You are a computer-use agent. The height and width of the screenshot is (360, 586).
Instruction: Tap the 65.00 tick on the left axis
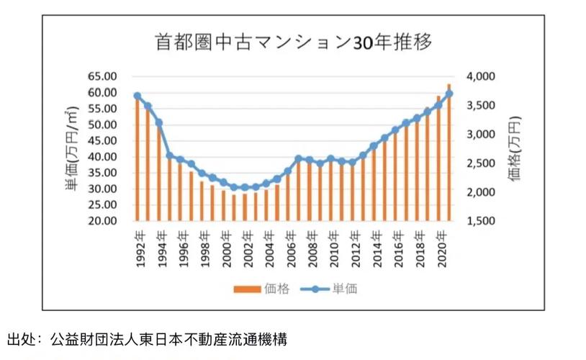102,76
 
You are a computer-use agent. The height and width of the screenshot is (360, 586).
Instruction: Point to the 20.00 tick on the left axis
102,221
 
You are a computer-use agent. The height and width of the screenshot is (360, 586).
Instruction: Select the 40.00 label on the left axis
102,157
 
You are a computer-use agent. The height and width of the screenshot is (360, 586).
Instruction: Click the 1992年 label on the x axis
138,249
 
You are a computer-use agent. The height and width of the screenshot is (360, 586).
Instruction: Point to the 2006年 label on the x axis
288,249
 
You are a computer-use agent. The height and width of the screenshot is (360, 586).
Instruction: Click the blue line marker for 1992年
138,96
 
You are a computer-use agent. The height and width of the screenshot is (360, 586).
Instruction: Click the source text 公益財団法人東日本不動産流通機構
170,338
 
